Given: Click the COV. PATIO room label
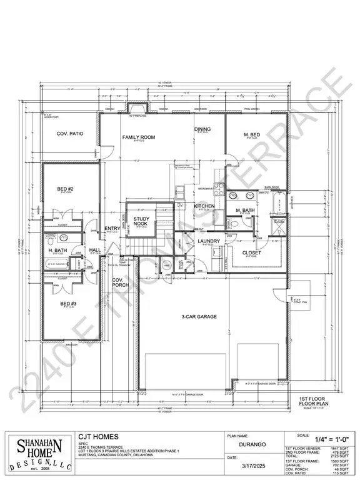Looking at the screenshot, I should [70, 134].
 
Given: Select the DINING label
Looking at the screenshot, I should [202, 129].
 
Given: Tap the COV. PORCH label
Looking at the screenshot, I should [120, 282].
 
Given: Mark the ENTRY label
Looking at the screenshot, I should [112, 229].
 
